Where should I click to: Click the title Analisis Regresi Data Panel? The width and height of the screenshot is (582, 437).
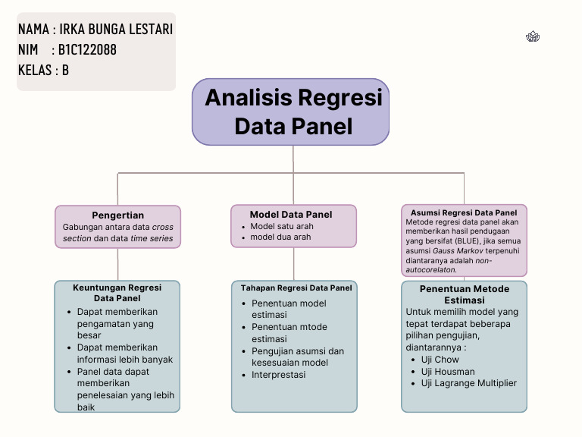pyautogui.click(x=293, y=112)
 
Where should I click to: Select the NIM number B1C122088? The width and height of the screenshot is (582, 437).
pyautogui.click(x=87, y=50)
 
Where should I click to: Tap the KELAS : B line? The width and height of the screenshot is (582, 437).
pyautogui.click(x=43, y=71)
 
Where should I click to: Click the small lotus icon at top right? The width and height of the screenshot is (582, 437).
pyautogui.click(x=532, y=36)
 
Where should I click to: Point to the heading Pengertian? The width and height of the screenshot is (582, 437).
pyautogui.click(x=117, y=215)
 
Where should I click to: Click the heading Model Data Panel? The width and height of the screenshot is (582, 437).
pyautogui.click(x=292, y=215)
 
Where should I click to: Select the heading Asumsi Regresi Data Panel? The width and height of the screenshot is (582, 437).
pyautogui.click(x=464, y=212)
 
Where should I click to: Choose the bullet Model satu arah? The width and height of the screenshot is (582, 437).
pyautogui.click(x=282, y=226)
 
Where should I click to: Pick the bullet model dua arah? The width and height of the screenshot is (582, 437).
pyautogui.click(x=280, y=237)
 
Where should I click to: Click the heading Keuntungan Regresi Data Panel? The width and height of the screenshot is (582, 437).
pyautogui.click(x=117, y=293)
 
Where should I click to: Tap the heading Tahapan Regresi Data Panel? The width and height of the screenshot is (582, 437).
pyautogui.click(x=296, y=288)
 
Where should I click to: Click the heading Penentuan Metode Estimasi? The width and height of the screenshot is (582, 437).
pyautogui.click(x=464, y=294)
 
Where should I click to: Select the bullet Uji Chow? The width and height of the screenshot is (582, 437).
pyautogui.click(x=440, y=360)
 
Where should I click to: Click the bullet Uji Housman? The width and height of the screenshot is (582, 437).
pyautogui.click(x=448, y=372)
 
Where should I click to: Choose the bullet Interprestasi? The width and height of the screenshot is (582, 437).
pyautogui.click(x=278, y=375)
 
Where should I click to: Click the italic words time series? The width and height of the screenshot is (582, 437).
pyautogui.click(x=152, y=238)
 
